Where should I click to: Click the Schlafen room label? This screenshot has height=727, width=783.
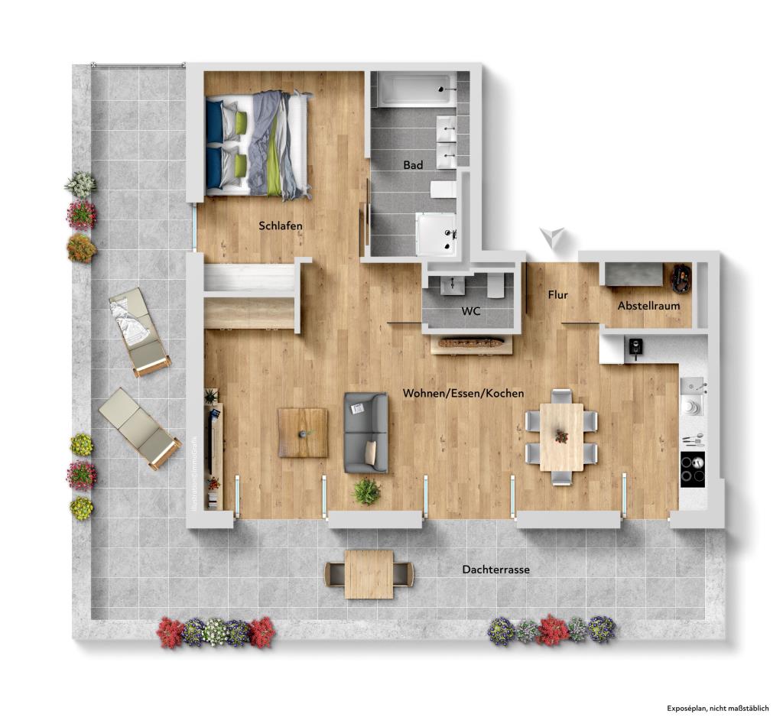[x=281, y=226]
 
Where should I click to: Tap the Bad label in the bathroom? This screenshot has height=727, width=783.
[x=413, y=164]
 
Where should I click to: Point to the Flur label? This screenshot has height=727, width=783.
[x=557, y=294]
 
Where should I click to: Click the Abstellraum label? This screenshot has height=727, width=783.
[x=648, y=306]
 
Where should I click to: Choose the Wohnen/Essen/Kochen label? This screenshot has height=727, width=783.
[x=463, y=393]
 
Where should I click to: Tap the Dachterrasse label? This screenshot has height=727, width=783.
[x=495, y=570]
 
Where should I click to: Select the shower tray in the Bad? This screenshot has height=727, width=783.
[x=437, y=232]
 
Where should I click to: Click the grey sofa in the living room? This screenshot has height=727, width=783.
[x=366, y=432]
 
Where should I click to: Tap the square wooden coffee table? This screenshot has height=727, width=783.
[x=303, y=433]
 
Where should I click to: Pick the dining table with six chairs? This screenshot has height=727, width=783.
[x=561, y=437]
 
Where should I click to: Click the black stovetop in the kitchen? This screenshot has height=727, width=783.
[x=693, y=467]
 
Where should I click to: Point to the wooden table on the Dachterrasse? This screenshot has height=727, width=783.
[x=369, y=574]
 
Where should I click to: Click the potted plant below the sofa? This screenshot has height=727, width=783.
[x=367, y=491]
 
